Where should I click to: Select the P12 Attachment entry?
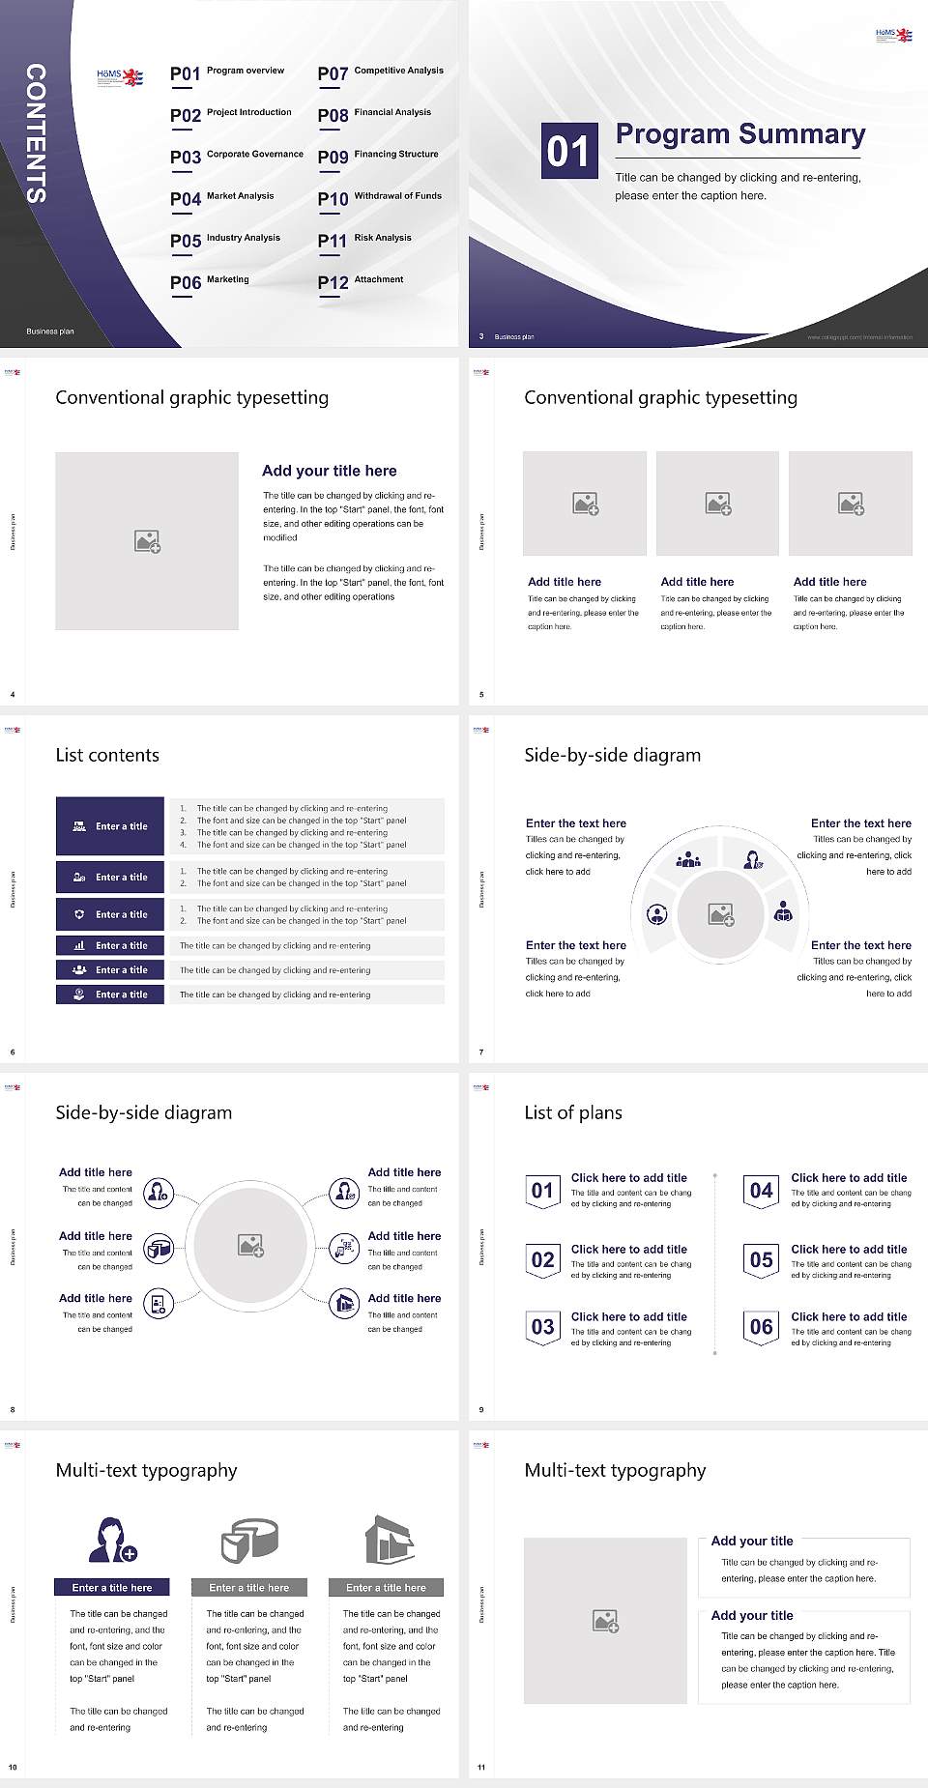pyautogui.click(x=361, y=281)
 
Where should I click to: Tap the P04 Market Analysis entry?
pyautogui.click(x=222, y=198)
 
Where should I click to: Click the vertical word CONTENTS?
pyautogui.click(x=36, y=133)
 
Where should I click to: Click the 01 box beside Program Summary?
pyautogui.click(x=568, y=151)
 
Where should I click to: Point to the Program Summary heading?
pyautogui.click(x=739, y=134)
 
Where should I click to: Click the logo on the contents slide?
pyautogui.click(x=120, y=78)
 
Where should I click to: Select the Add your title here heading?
pyautogui.click(x=329, y=471)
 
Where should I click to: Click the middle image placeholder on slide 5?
pyautogui.click(x=717, y=504)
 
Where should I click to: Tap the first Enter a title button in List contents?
pyautogui.click(x=110, y=826)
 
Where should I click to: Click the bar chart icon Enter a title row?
pyautogui.click(x=110, y=945)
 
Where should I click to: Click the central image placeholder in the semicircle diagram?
pyautogui.click(x=720, y=914)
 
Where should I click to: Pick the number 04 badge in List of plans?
pyautogui.click(x=762, y=1191)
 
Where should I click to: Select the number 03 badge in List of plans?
pyautogui.click(x=542, y=1327)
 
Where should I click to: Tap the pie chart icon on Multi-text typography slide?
pyautogui.click(x=249, y=1540)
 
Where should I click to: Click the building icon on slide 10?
pyautogui.click(x=389, y=1540)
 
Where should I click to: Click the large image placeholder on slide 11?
pyautogui.click(x=605, y=1621)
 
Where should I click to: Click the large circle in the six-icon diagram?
pyautogui.click(x=250, y=1246)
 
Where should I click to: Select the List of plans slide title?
pyautogui.click(x=572, y=1112)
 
